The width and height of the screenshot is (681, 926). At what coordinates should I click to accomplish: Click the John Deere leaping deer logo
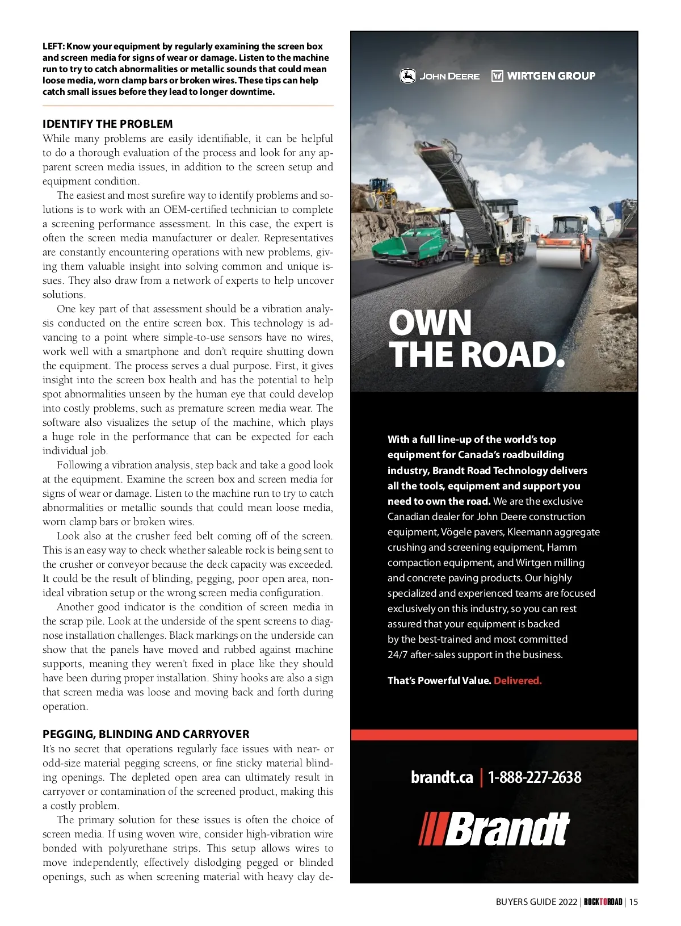407,76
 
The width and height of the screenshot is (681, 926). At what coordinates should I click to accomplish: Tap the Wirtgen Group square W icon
497,76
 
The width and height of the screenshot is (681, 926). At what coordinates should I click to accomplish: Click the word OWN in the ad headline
430,323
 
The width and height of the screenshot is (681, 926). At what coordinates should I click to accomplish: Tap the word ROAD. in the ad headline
512,355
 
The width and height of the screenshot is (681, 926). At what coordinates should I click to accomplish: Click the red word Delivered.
518,681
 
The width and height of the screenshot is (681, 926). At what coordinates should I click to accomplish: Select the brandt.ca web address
442,777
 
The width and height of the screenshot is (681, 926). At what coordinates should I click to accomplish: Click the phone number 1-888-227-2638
535,777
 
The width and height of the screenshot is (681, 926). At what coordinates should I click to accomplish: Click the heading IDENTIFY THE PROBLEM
108,124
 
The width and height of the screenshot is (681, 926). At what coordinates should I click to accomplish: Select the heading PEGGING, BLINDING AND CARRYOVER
146,734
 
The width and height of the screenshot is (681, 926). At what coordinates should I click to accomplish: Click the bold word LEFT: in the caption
53,47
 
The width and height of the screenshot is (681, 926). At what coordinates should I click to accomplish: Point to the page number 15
633,902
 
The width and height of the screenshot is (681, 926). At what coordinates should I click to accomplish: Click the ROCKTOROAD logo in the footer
603,902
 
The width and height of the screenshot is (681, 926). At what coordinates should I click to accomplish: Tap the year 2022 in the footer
567,902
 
